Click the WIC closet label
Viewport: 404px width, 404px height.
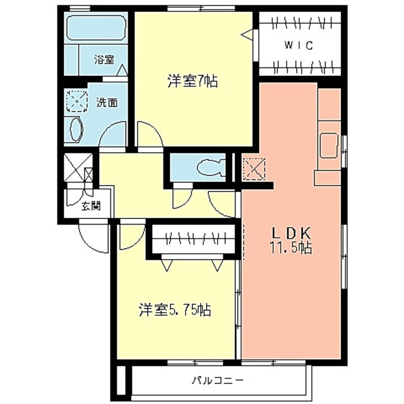(299, 45)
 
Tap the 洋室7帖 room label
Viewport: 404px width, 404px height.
(193, 81)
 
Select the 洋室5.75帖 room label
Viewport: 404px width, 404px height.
(175, 309)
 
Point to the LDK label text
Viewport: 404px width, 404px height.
(292, 234)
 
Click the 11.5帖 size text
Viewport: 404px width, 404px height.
(291, 248)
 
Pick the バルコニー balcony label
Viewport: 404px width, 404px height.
(218, 380)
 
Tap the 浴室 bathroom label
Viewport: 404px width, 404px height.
(104, 60)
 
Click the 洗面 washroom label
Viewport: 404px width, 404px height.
(107, 102)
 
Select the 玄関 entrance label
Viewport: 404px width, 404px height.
(91, 206)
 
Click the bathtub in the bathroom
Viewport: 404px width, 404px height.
(96, 28)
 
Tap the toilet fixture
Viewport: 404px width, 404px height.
(211, 167)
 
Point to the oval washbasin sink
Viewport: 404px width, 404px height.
(76, 130)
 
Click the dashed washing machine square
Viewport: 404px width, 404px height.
(77, 101)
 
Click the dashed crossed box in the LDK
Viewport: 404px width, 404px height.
(254, 169)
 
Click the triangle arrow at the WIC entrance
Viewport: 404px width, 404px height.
(247, 34)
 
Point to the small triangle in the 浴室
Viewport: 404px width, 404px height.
(122, 69)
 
